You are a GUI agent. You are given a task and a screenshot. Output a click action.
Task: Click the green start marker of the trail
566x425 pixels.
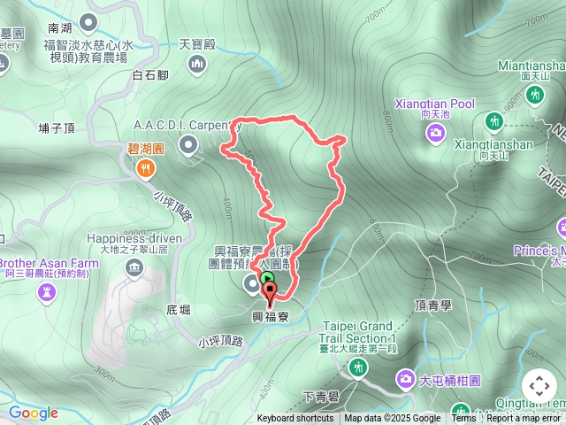pos(268,278)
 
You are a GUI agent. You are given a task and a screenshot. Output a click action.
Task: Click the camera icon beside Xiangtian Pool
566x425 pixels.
pos(436,133)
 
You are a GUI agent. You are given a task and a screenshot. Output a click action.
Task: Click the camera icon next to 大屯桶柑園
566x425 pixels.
pos(405,380)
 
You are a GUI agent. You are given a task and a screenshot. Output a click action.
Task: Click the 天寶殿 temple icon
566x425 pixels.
pos(196,63)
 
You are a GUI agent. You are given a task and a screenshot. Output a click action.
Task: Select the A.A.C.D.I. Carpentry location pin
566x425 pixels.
pos(187,144)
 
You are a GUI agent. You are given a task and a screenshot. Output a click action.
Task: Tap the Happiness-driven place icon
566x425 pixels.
pos(134,267)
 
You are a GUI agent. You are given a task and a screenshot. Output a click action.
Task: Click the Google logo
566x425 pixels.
pos(33,413)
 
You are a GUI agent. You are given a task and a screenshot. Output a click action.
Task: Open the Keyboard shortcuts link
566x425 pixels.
pos(295,419)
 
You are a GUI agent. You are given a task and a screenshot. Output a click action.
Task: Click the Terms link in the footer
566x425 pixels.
pos(463,419)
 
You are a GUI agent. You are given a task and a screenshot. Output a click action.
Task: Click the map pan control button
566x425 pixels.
pos(539,386)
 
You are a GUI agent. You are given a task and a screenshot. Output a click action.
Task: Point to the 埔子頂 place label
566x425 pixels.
pos(57,127)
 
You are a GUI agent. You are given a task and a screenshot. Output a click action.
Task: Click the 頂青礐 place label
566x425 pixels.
pos(432,305)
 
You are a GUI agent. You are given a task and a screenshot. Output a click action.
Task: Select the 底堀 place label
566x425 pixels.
pos(179,311)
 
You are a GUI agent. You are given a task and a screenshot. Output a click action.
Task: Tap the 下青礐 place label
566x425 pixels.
pos(319,395)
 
